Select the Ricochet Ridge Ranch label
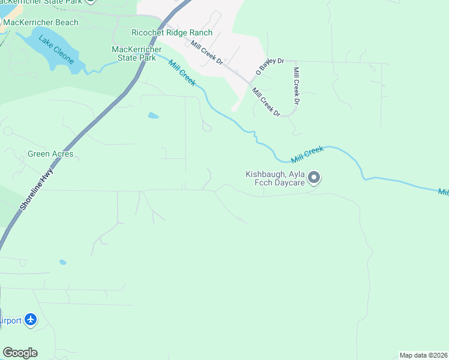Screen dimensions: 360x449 coord(172,32)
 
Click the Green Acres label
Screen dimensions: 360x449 coord(50,154)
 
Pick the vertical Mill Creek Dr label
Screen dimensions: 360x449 coord(295,86)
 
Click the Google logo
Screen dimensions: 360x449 coord(20,353)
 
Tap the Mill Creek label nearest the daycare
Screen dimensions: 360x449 coord(307,155)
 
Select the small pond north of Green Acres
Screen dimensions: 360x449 coord(153,115)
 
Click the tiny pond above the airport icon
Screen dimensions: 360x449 coord(63,262)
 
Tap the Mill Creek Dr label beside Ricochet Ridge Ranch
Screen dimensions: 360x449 coord(206,53)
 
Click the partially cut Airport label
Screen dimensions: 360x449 coord(10,321)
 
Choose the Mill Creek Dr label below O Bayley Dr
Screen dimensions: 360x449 coord(266,102)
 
